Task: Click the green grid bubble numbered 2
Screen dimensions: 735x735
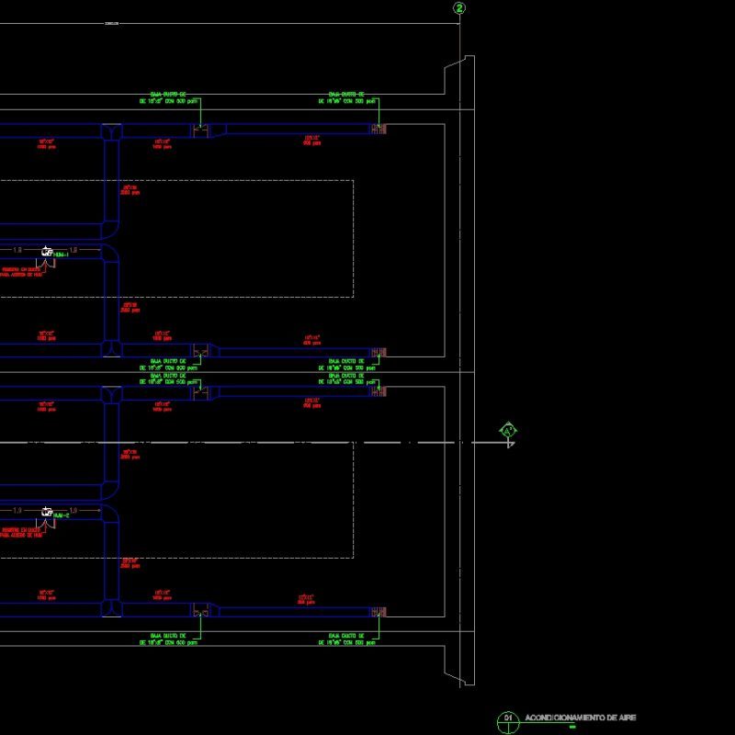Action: (x=459, y=8)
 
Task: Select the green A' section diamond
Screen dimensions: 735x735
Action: (x=508, y=430)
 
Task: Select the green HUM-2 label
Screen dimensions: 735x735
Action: (x=62, y=515)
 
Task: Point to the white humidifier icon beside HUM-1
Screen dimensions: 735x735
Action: (x=46, y=250)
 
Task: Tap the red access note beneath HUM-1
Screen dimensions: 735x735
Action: (x=20, y=272)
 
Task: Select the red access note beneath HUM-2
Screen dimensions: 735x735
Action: (x=20, y=533)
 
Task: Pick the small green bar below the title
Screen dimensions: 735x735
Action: (x=571, y=727)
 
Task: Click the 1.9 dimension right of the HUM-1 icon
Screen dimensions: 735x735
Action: (x=73, y=249)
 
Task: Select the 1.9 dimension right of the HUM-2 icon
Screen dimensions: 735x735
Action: (x=73, y=509)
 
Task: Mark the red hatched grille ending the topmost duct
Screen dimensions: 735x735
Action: (x=379, y=130)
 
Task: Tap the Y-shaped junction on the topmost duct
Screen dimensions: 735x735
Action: (x=111, y=132)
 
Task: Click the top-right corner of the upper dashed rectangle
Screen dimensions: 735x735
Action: (x=354, y=180)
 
